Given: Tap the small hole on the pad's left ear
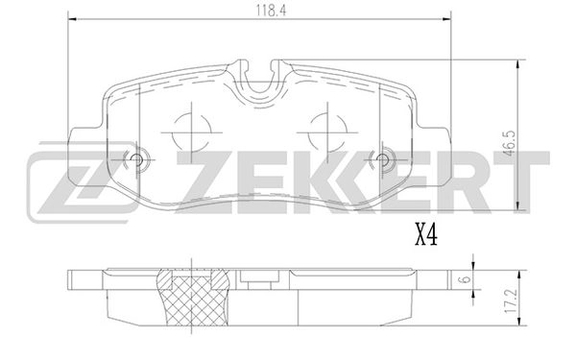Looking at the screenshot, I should pyautogui.click(x=135, y=160).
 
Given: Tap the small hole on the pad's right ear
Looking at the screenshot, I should pyautogui.click(x=385, y=160).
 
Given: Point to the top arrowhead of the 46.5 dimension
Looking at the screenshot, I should pyautogui.click(x=519, y=64).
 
